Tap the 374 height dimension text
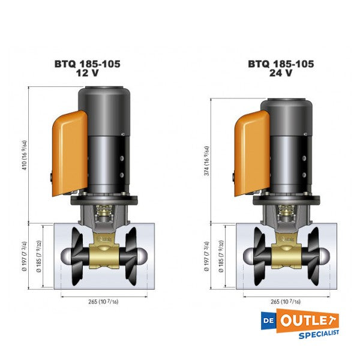[206, 161]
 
